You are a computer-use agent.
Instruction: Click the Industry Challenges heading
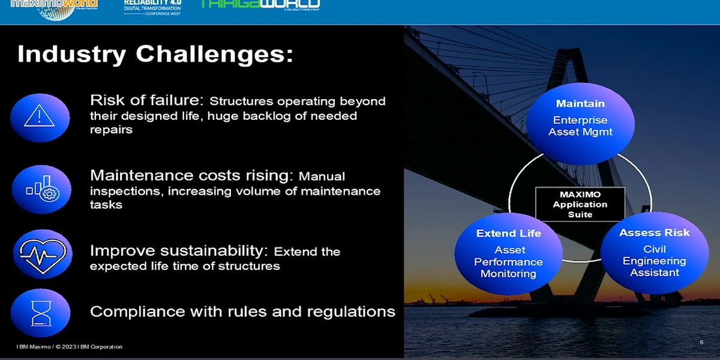(155, 55)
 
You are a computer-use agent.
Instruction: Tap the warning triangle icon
(40, 114)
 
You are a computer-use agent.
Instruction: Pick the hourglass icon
(40, 313)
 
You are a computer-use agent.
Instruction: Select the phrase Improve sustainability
(181, 251)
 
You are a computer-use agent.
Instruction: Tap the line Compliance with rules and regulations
(242, 311)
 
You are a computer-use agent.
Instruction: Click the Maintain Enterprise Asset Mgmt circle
(580, 123)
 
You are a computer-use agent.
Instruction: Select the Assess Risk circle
(654, 253)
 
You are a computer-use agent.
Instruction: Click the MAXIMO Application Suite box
(580, 205)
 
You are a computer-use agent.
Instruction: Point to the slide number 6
(701, 342)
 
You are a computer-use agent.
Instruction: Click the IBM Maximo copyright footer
(70, 347)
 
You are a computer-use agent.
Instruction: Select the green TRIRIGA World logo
(259, 5)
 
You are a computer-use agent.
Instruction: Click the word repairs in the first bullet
(111, 129)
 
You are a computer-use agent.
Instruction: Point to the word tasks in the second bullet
(106, 205)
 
